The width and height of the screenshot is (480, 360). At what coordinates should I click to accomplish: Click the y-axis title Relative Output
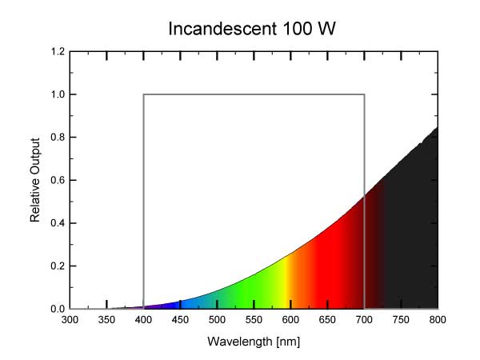coord(35,181)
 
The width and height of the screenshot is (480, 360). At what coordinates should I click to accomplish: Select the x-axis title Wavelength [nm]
coord(254,342)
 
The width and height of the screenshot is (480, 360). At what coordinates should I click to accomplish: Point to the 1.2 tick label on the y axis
coord(58,52)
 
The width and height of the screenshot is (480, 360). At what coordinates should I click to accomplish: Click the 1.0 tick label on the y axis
coord(58,94)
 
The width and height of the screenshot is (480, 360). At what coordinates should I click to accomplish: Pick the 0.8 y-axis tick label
coord(58,138)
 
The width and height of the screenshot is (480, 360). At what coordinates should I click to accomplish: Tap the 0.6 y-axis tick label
coord(58,180)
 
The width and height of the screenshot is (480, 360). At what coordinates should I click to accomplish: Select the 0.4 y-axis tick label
coord(58,223)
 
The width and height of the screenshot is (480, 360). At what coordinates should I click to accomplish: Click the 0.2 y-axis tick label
coord(58,266)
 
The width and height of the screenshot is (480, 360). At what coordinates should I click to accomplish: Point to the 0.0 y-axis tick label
coord(58,309)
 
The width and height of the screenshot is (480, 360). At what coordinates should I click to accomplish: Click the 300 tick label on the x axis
coord(70,321)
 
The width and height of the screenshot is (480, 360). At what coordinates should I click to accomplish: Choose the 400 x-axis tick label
coord(144,321)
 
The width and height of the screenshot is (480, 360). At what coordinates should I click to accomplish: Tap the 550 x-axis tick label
coord(254,321)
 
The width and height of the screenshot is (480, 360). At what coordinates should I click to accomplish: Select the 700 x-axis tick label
coord(365,321)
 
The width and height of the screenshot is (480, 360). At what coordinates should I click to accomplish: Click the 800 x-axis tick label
coord(438,321)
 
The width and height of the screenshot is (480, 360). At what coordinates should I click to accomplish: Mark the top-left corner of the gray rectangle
coord(144,94)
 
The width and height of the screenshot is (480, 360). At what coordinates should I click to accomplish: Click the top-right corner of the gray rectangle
coord(365,94)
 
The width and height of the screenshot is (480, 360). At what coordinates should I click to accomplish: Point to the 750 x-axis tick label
coord(402,321)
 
